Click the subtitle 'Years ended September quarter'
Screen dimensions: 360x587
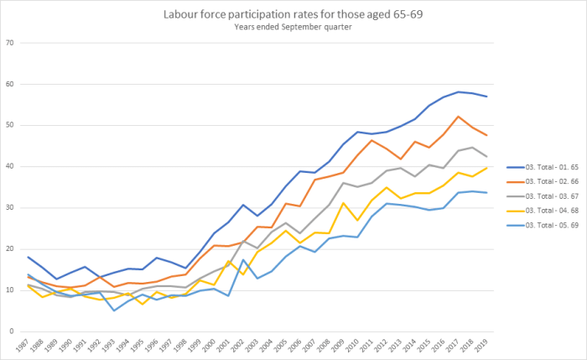pyautogui.click(x=293, y=27)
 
